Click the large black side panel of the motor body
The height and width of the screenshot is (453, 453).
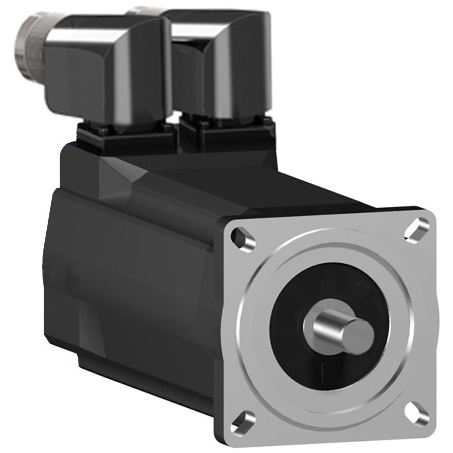pyautogui.click(x=136, y=272)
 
